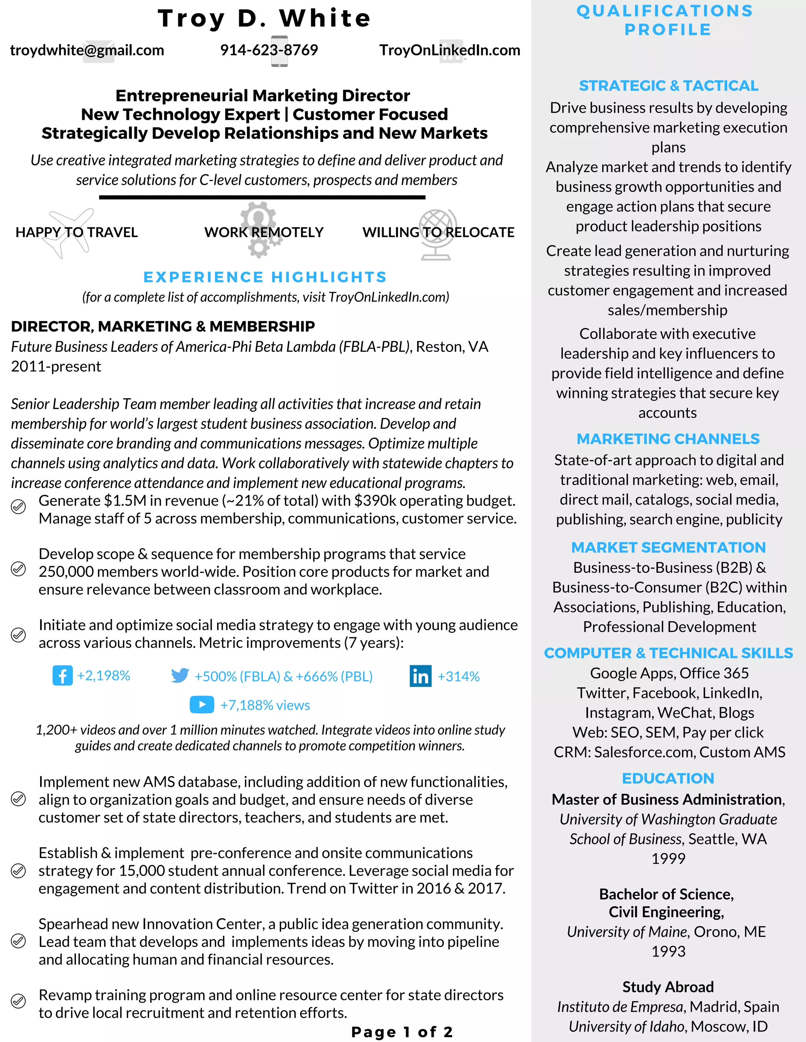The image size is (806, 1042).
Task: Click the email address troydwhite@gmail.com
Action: point(87,50)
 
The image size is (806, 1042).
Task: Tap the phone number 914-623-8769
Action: point(269,50)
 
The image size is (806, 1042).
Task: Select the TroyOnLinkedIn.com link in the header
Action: point(449,50)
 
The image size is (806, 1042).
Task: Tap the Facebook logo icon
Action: point(63,676)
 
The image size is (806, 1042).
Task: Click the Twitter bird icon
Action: point(180,676)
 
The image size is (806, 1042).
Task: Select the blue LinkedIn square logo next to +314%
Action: point(420,676)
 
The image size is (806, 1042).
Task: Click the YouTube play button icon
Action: point(201,705)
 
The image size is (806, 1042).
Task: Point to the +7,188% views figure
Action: point(265,705)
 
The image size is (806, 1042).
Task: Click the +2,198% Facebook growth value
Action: point(104,676)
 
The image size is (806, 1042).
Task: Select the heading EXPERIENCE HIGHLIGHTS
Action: point(265,277)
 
